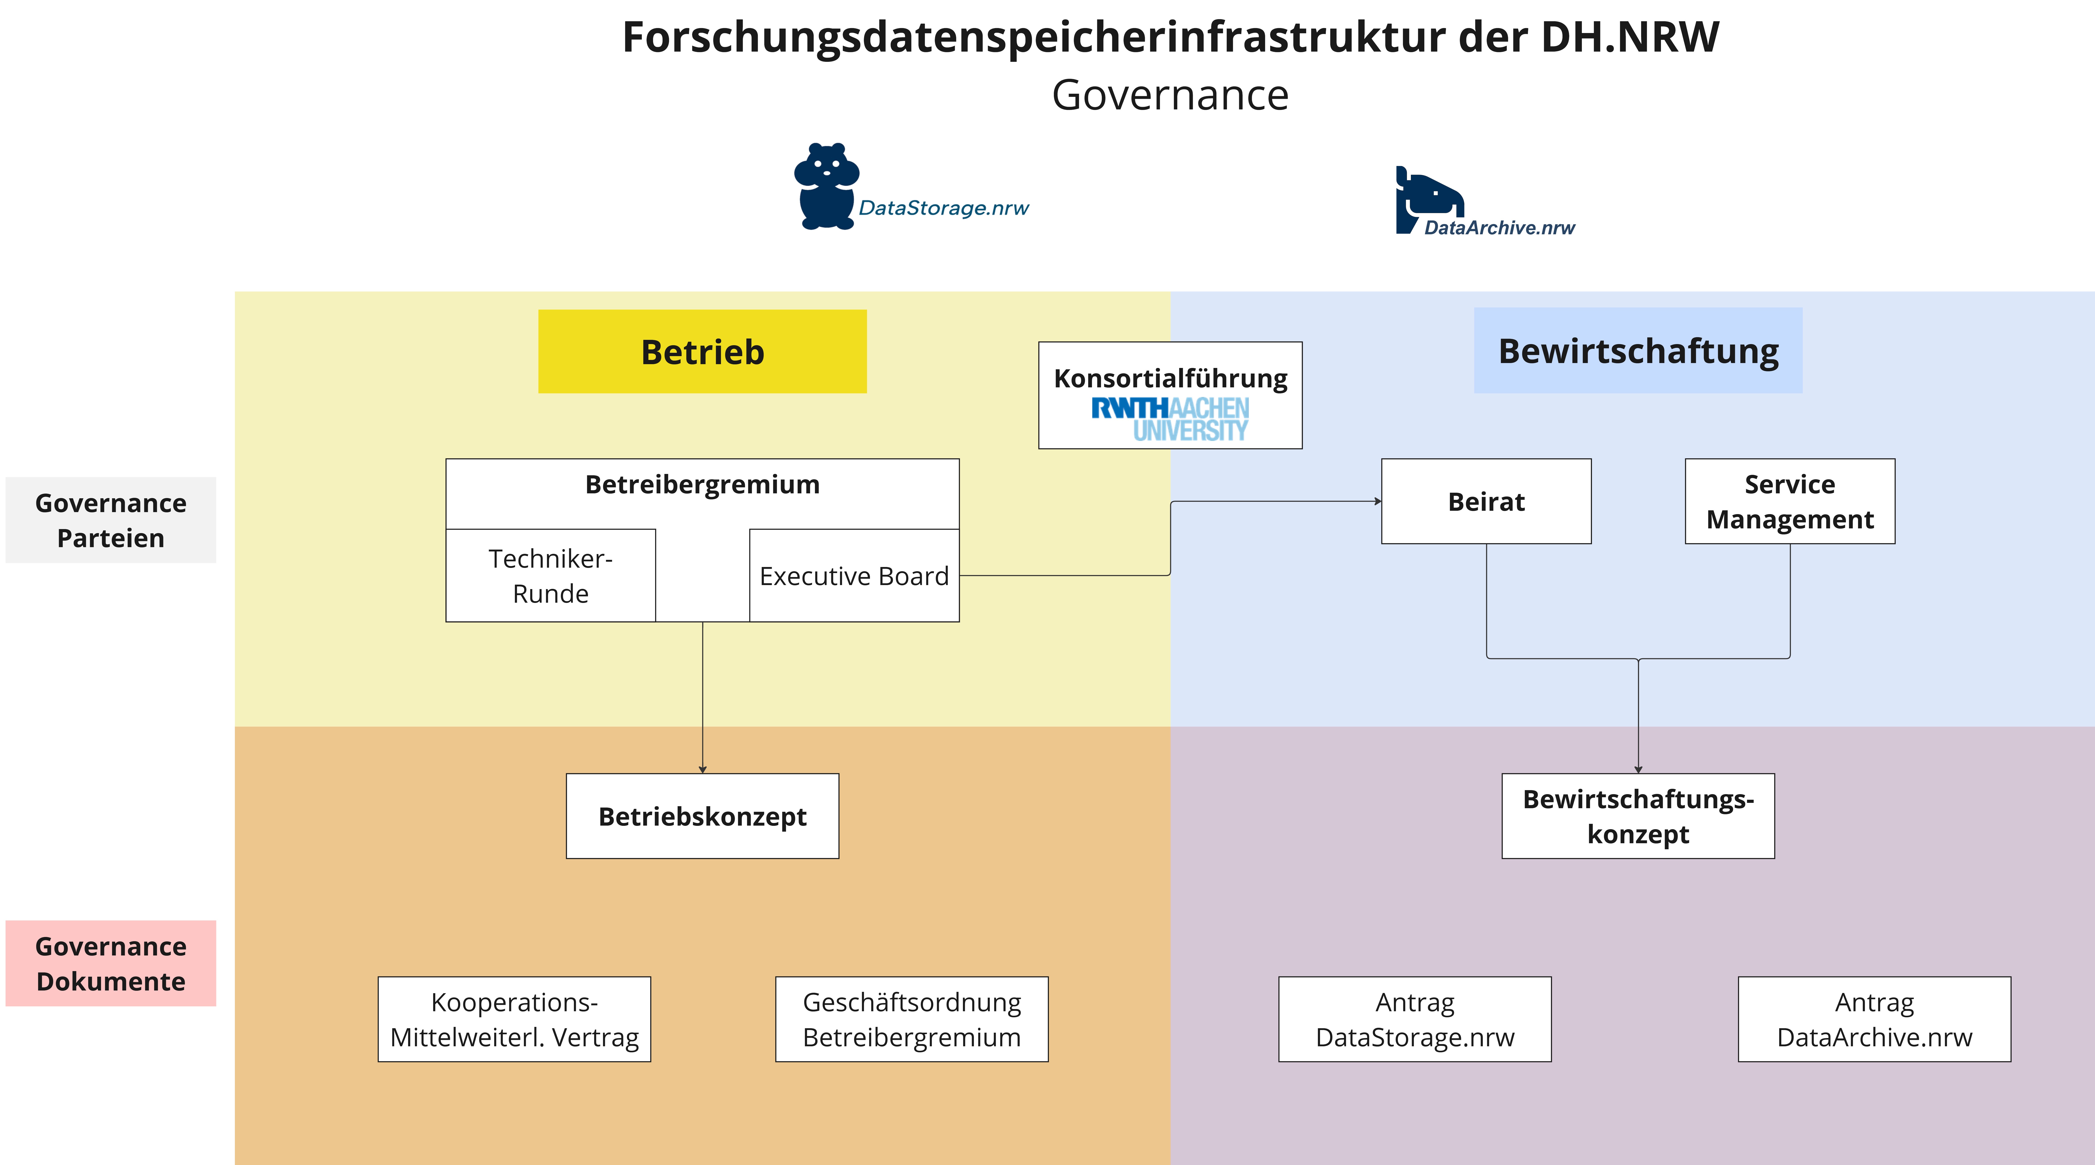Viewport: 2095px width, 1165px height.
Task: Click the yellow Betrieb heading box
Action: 702,351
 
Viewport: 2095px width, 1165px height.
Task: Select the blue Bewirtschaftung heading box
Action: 1638,350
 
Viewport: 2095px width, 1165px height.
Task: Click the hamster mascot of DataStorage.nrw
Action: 826,186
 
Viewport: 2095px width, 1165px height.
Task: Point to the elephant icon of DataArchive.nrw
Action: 1429,199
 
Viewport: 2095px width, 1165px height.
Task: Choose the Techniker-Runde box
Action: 551,576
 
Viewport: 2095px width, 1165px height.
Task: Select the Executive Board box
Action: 854,576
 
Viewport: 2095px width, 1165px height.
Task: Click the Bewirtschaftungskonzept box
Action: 1638,816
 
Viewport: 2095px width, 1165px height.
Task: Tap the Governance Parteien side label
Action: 111,520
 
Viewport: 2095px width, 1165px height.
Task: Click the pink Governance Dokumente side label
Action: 111,963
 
